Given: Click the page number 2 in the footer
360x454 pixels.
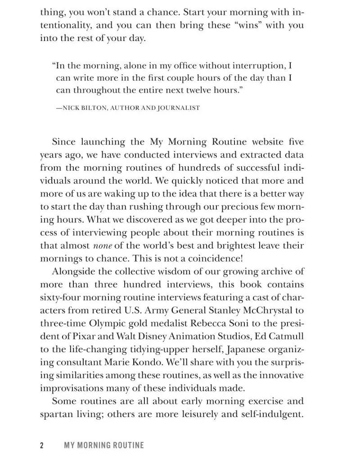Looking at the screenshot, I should coord(42,445).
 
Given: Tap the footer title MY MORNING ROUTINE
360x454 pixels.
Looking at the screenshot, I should coord(104,445).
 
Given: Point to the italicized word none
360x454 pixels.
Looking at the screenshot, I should coord(102,246).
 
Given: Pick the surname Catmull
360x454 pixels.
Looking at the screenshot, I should coord(287,337).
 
